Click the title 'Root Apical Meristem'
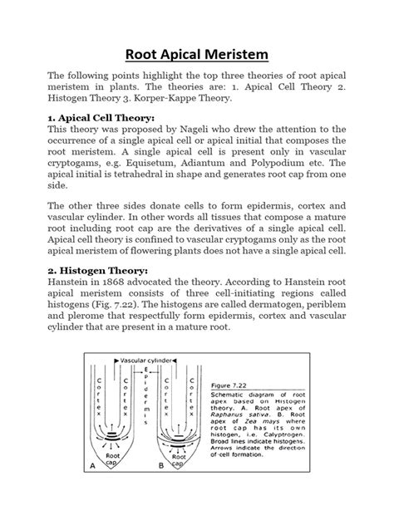(196, 56)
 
